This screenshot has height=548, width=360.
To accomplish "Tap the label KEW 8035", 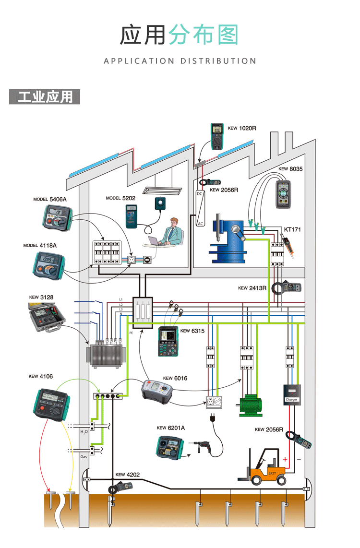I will pos(290,169).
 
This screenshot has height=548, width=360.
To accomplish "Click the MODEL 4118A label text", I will pos(40,245).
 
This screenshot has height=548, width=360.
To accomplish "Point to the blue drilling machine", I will pos(230,238).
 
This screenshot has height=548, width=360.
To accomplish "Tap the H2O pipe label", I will pos(84,432).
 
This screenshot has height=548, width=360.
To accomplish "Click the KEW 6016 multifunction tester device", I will pos(156,390).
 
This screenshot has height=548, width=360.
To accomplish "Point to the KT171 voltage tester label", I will pos(292,230).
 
